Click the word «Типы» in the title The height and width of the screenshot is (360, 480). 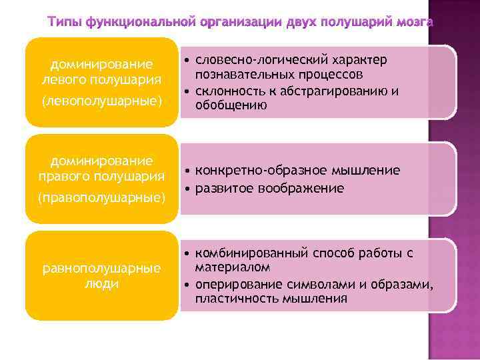point(65,22)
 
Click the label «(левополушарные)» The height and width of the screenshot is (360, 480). point(101,101)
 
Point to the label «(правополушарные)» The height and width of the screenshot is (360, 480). point(101,197)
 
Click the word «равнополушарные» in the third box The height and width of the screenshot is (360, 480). point(101,268)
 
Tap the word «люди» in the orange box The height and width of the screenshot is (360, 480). point(101,283)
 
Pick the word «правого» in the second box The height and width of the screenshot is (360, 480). point(65,176)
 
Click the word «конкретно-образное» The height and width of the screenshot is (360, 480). point(253,171)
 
